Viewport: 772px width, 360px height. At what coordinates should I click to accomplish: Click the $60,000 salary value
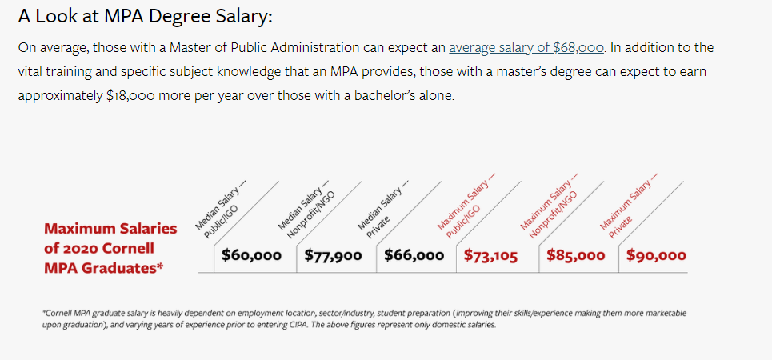(251, 256)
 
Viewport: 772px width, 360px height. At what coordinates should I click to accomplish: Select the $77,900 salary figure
(333, 256)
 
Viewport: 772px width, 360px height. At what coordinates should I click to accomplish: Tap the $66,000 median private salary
(414, 256)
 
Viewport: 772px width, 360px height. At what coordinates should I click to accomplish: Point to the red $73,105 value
(491, 256)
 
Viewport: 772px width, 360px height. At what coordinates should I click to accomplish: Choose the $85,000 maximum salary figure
(576, 256)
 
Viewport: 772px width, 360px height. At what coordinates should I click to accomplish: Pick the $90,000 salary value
(656, 256)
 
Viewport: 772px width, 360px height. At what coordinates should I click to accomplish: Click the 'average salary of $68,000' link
(526, 47)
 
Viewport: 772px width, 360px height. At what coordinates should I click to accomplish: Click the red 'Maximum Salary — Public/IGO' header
(465, 210)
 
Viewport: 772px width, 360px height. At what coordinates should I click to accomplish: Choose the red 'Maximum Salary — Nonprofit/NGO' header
(549, 208)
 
